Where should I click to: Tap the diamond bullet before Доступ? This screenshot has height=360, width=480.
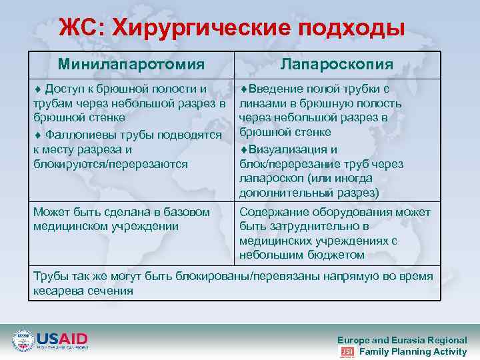37,89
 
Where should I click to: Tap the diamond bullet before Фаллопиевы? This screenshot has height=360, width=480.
37,135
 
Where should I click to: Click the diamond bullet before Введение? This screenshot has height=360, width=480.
244,89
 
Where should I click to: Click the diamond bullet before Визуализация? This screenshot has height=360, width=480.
244,150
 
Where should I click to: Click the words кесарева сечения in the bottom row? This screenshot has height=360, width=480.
83,291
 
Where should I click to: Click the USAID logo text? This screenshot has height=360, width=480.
62,337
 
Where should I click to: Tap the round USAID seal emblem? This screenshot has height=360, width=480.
23,341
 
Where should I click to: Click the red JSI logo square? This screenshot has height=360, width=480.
347,352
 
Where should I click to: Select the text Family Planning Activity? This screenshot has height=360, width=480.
413,351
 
